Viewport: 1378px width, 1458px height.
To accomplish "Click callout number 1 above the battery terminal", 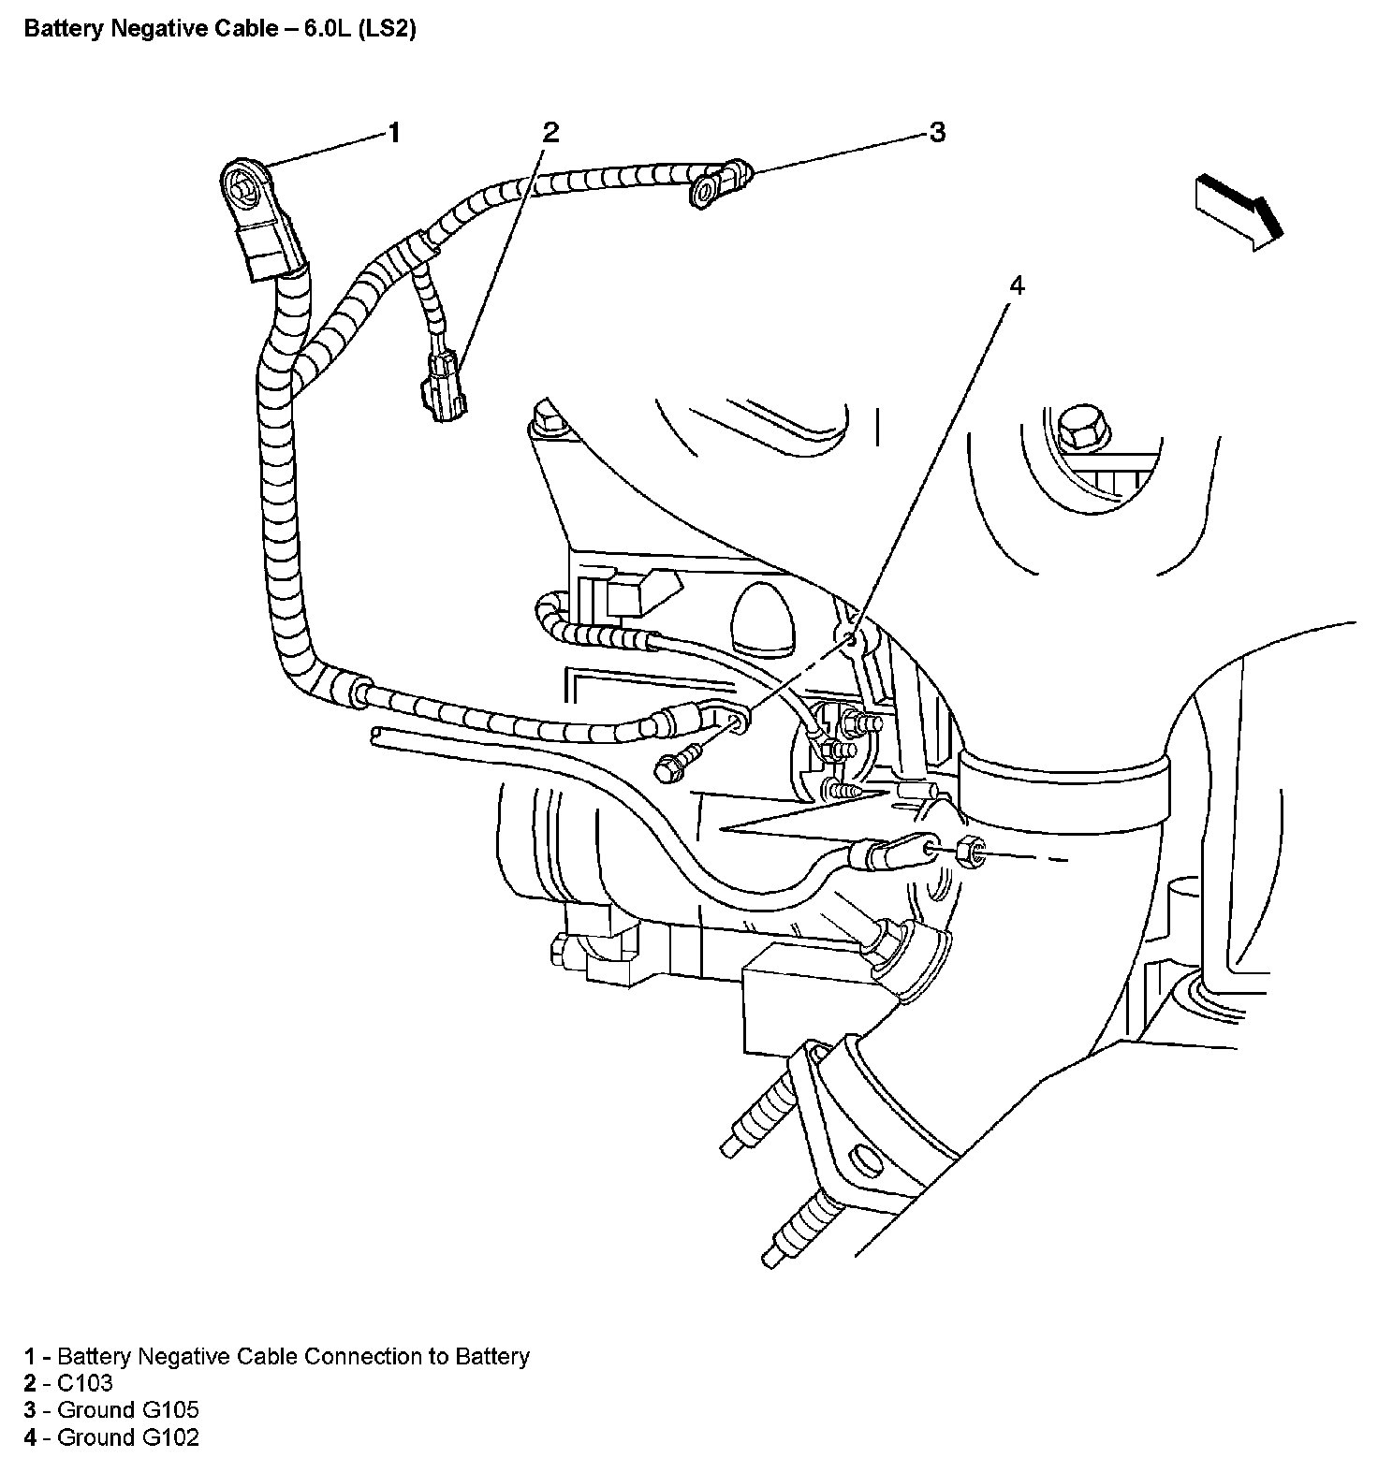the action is [394, 133].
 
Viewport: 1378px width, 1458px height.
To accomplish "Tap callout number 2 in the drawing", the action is [550, 132].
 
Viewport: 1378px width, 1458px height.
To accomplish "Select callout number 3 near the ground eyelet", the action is [937, 132].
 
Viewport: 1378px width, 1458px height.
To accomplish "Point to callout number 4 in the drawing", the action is [1017, 285].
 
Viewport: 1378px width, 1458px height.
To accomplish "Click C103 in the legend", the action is [85, 1383].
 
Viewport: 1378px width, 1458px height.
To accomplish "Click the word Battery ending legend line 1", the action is [491, 1356].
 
